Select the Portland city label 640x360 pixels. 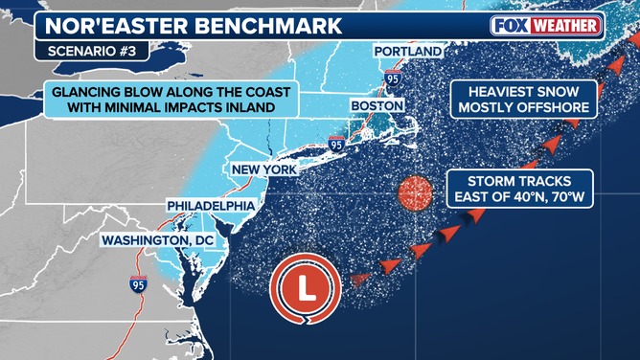pos(408,51)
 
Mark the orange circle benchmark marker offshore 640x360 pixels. pos(416,191)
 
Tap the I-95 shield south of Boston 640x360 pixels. pos(336,144)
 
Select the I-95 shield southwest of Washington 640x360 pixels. pos(140,282)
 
